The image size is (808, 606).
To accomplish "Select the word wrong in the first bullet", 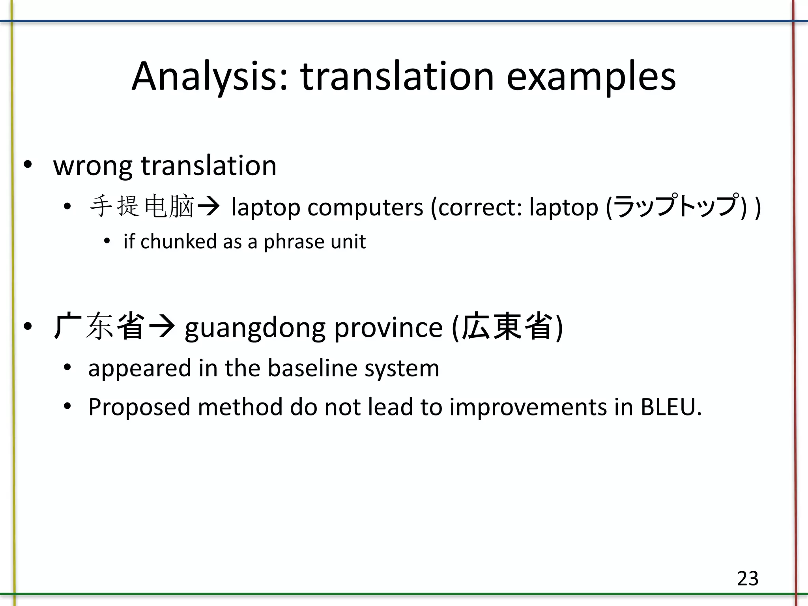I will pyautogui.click(x=92, y=166).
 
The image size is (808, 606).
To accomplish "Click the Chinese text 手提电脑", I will pyautogui.click(x=142, y=207).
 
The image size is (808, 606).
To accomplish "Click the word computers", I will pyautogui.click(x=365, y=208).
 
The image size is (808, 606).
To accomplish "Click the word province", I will pyautogui.click(x=389, y=328).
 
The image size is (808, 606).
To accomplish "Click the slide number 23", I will pyautogui.click(x=748, y=579).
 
